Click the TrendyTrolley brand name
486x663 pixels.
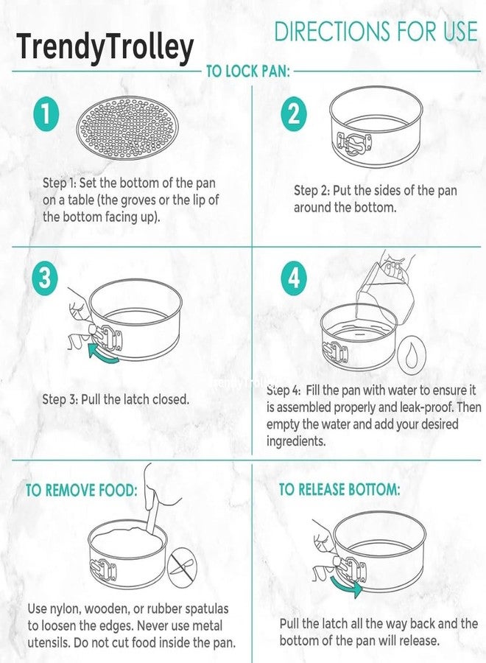click(105, 47)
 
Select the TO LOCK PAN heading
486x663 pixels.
click(247, 71)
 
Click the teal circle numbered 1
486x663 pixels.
click(45, 114)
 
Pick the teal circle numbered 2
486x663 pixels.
click(294, 113)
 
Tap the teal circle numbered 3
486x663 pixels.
click(45, 278)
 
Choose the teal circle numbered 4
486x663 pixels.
click(294, 278)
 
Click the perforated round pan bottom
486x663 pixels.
click(127, 128)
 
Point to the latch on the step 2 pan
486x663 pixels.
click(353, 144)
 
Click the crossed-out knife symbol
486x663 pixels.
click(182, 566)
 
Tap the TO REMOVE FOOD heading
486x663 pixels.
click(82, 491)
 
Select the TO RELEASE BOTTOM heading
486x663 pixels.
click(339, 489)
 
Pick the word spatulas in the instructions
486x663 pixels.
click(207, 609)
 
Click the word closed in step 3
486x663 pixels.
click(171, 399)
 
